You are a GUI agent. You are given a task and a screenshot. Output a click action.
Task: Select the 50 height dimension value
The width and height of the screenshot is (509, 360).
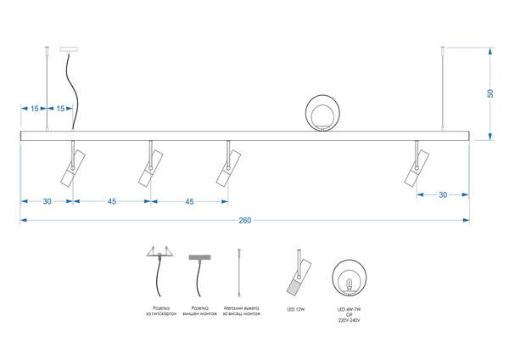coord(490,93)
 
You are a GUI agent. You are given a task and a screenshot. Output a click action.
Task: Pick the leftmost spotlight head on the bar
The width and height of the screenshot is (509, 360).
coord(71,167)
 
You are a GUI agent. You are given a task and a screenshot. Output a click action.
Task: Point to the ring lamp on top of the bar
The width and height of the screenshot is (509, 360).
coord(323,112)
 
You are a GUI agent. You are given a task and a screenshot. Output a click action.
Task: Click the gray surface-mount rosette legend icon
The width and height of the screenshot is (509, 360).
coord(199,256)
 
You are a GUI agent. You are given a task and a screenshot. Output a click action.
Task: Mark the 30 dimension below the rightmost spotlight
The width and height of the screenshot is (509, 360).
coord(444,195)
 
